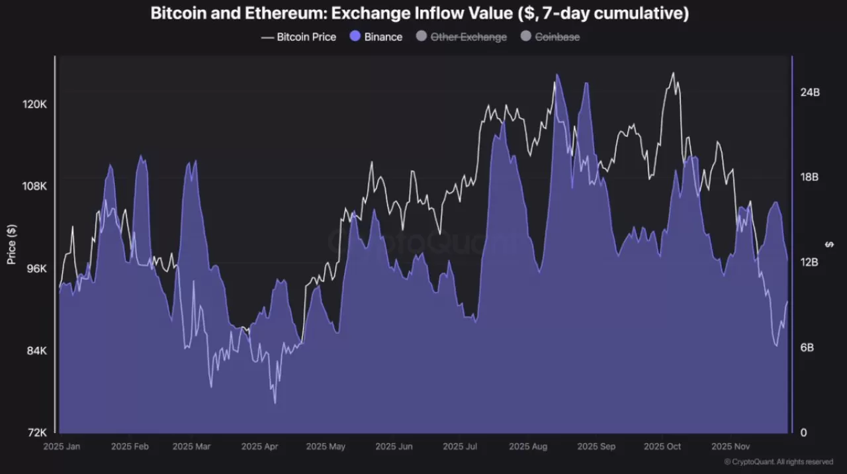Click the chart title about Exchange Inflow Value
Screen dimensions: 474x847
pos(420,13)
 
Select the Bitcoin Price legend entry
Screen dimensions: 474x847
pos(298,37)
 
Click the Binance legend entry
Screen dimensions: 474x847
pos(376,37)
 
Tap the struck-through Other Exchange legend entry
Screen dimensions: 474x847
pos(461,37)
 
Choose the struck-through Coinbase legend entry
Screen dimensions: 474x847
pos(550,37)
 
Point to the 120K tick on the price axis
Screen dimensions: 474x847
pos(34,105)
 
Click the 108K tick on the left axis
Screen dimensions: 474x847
pos(34,187)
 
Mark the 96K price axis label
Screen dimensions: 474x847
pos(36,269)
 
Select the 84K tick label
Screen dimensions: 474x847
pos(36,351)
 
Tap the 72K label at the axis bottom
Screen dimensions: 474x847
pos(36,433)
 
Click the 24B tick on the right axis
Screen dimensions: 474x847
pos(809,93)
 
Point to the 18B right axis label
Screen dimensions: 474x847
pos(809,177)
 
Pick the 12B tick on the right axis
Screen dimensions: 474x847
pos(809,263)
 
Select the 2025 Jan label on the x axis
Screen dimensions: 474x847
pos(62,447)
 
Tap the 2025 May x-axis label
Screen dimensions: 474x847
pos(326,447)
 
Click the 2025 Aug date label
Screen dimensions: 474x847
pos(528,447)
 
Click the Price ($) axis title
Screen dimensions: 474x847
pos(11,244)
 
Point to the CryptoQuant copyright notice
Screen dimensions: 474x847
pos(778,462)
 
